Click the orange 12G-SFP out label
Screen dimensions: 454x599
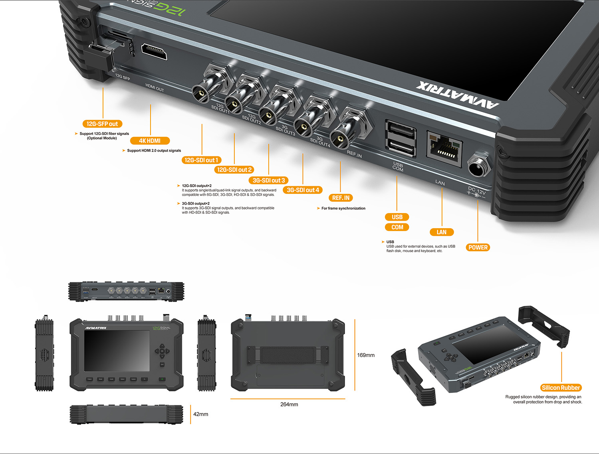point(102,124)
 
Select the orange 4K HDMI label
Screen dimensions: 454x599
point(150,141)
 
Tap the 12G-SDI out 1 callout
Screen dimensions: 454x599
point(201,160)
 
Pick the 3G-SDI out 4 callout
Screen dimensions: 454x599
point(303,190)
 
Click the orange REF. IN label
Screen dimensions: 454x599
point(341,198)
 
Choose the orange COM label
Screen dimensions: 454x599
point(397,227)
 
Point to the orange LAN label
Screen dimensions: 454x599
point(441,232)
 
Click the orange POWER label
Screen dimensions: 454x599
point(478,247)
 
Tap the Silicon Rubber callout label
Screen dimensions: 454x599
point(561,388)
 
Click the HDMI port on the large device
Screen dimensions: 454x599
point(154,52)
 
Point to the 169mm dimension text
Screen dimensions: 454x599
point(366,355)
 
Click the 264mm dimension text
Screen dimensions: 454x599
point(289,405)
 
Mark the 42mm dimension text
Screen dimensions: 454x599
point(200,414)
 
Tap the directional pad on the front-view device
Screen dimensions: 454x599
point(162,351)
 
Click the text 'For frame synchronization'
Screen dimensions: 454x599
point(343,208)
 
